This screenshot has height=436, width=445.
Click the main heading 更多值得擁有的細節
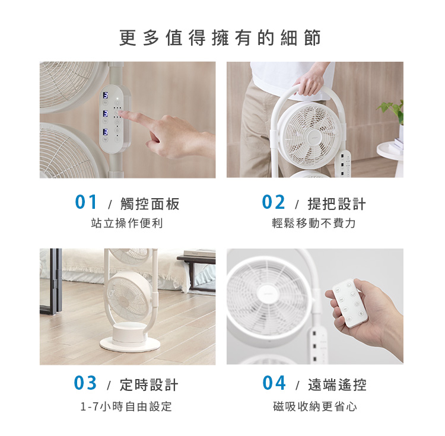[220, 38]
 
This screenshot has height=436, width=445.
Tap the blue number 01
[86, 202]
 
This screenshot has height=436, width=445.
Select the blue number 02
[273, 202]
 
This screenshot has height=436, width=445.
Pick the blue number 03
[85, 383]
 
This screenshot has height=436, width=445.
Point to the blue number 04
[274, 383]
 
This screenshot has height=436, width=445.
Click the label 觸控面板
[150, 203]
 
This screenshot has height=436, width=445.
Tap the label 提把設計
[337, 203]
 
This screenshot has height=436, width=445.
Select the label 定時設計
[149, 384]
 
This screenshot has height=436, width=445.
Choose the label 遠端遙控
[337, 384]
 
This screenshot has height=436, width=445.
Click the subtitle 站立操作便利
[127, 223]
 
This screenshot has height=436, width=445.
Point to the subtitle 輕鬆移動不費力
[314, 223]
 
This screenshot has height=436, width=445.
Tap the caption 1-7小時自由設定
[126, 407]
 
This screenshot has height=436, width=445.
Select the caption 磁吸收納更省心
[314, 407]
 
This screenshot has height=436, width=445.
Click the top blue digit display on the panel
[105, 95]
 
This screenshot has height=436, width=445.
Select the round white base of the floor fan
[130, 344]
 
